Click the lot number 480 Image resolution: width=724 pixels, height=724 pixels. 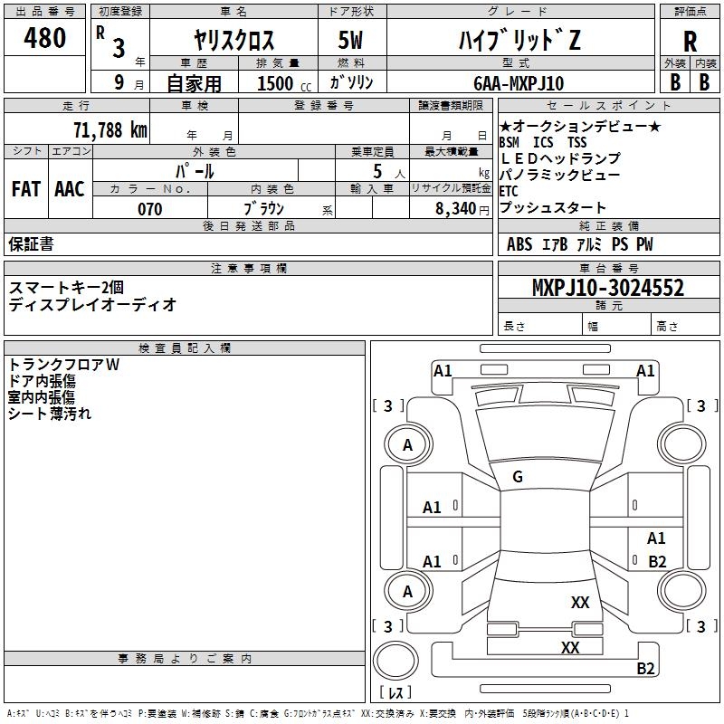pos(45,39)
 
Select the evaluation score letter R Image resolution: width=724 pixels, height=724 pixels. pos(690,42)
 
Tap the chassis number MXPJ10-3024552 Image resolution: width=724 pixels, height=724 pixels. pos(608,288)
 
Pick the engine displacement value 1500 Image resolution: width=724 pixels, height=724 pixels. pos(275,83)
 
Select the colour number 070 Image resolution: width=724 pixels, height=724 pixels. pos(149,209)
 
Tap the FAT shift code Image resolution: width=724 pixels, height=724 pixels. pos(25,189)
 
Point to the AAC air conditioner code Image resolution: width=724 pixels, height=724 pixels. pos(70,189)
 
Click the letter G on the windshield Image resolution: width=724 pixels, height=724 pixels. pos(518,477)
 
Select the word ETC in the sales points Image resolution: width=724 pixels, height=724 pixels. pos(510,191)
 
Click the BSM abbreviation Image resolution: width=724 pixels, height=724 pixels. pos(510,143)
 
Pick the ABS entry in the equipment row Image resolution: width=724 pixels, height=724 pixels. pos(519,244)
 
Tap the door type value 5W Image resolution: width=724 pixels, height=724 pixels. pos(349,42)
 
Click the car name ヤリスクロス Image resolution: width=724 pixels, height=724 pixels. pos(234,42)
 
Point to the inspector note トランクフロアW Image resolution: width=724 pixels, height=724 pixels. pos(63,365)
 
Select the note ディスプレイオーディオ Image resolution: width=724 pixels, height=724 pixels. pos(92,304)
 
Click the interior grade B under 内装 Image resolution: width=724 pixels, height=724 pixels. pos(704,81)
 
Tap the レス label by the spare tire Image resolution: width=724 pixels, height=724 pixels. pos(395,693)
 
